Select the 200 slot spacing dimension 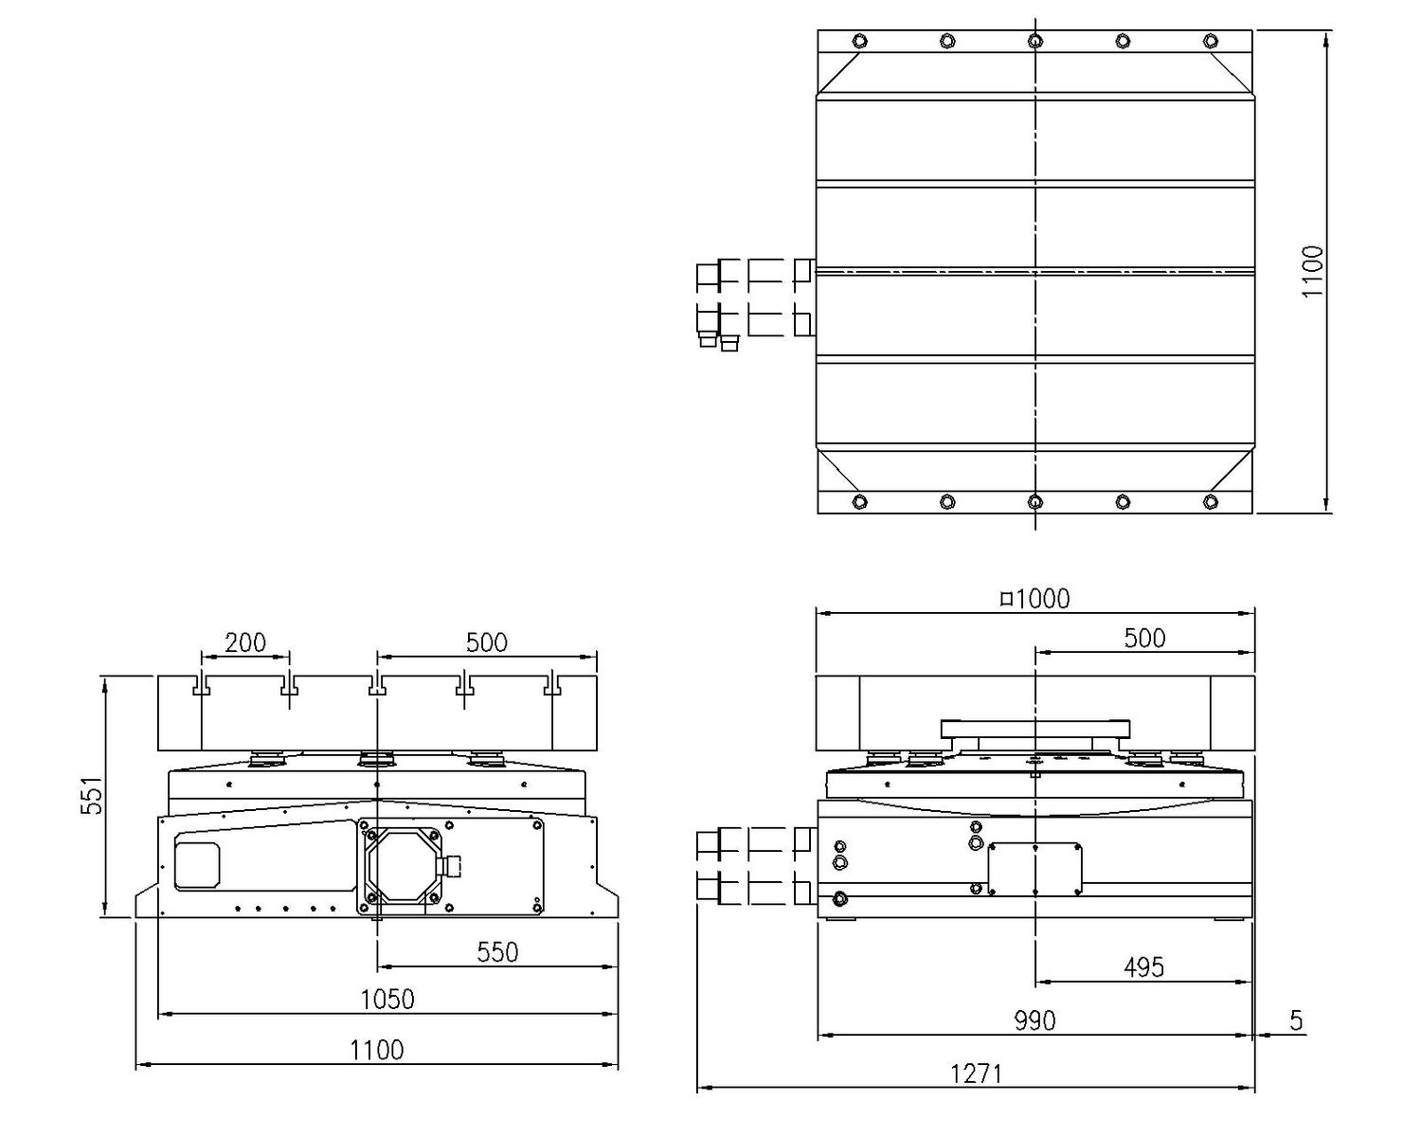(245, 642)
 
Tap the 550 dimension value (497, 952)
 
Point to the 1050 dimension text (387, 1000)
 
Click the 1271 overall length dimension (976, 1074)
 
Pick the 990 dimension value (1034, 1020)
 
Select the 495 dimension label (1143, 967)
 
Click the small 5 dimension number (1296, 1020)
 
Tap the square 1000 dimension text (1035, 599)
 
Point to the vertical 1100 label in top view (1313, 272)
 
